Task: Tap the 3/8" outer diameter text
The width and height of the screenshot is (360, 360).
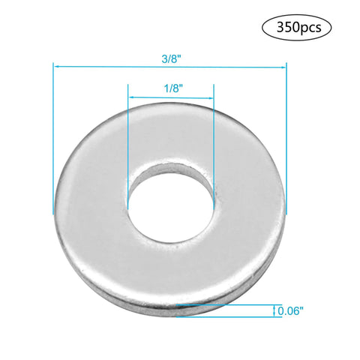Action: (x=170, y=55)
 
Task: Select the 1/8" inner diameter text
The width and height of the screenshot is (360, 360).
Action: (x=172, y=88)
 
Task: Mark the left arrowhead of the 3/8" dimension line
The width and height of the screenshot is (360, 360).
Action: (x=55, y=66)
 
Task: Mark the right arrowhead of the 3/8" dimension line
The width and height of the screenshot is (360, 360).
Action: (x=284, y=66)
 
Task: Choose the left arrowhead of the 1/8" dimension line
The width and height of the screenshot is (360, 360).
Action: (x=131, y=98)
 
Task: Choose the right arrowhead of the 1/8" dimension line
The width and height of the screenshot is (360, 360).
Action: (x=211, y=98)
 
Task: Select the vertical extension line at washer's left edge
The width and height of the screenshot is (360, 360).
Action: (x=53, y=135)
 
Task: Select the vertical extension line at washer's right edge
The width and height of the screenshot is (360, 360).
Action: (x=286, y=135)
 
